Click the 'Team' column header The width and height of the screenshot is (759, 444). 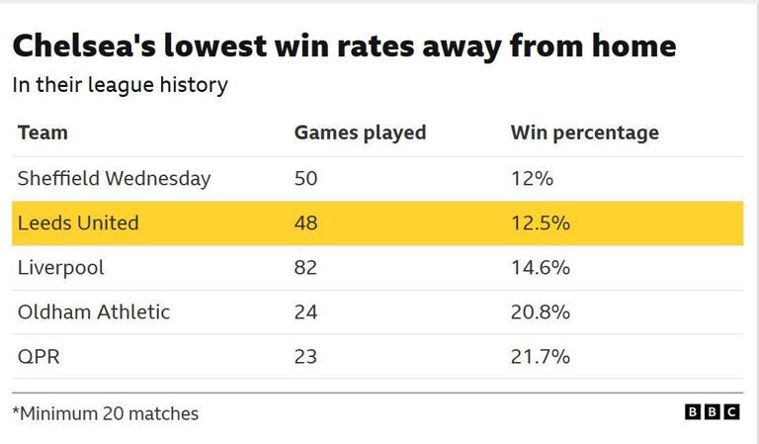point(42,133)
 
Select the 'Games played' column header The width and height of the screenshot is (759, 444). point(360,133)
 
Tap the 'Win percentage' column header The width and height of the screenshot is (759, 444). point(584,133)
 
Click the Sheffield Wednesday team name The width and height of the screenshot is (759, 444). point(114,179)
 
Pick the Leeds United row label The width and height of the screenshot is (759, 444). point(78,223)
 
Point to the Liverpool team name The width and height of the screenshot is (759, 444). point(60,268)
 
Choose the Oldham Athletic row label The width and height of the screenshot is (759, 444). point(94,312)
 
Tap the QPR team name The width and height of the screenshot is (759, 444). point(39,357)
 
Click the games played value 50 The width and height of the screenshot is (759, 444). point(306,179)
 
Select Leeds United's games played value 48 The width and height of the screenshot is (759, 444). point(306,223)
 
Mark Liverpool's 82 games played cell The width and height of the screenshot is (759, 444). point(306,268)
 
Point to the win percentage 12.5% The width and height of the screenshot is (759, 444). point(540,223)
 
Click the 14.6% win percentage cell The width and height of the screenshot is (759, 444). point(540,268)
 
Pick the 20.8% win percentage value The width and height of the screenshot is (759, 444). point(540,312)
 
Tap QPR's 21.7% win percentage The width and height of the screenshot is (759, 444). point(540,357)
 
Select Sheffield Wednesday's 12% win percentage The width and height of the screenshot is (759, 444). point(532,179)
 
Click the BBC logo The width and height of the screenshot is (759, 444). point(712,412)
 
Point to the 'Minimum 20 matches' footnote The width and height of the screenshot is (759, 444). point(106,413)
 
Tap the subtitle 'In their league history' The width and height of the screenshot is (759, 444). point(120,85)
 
